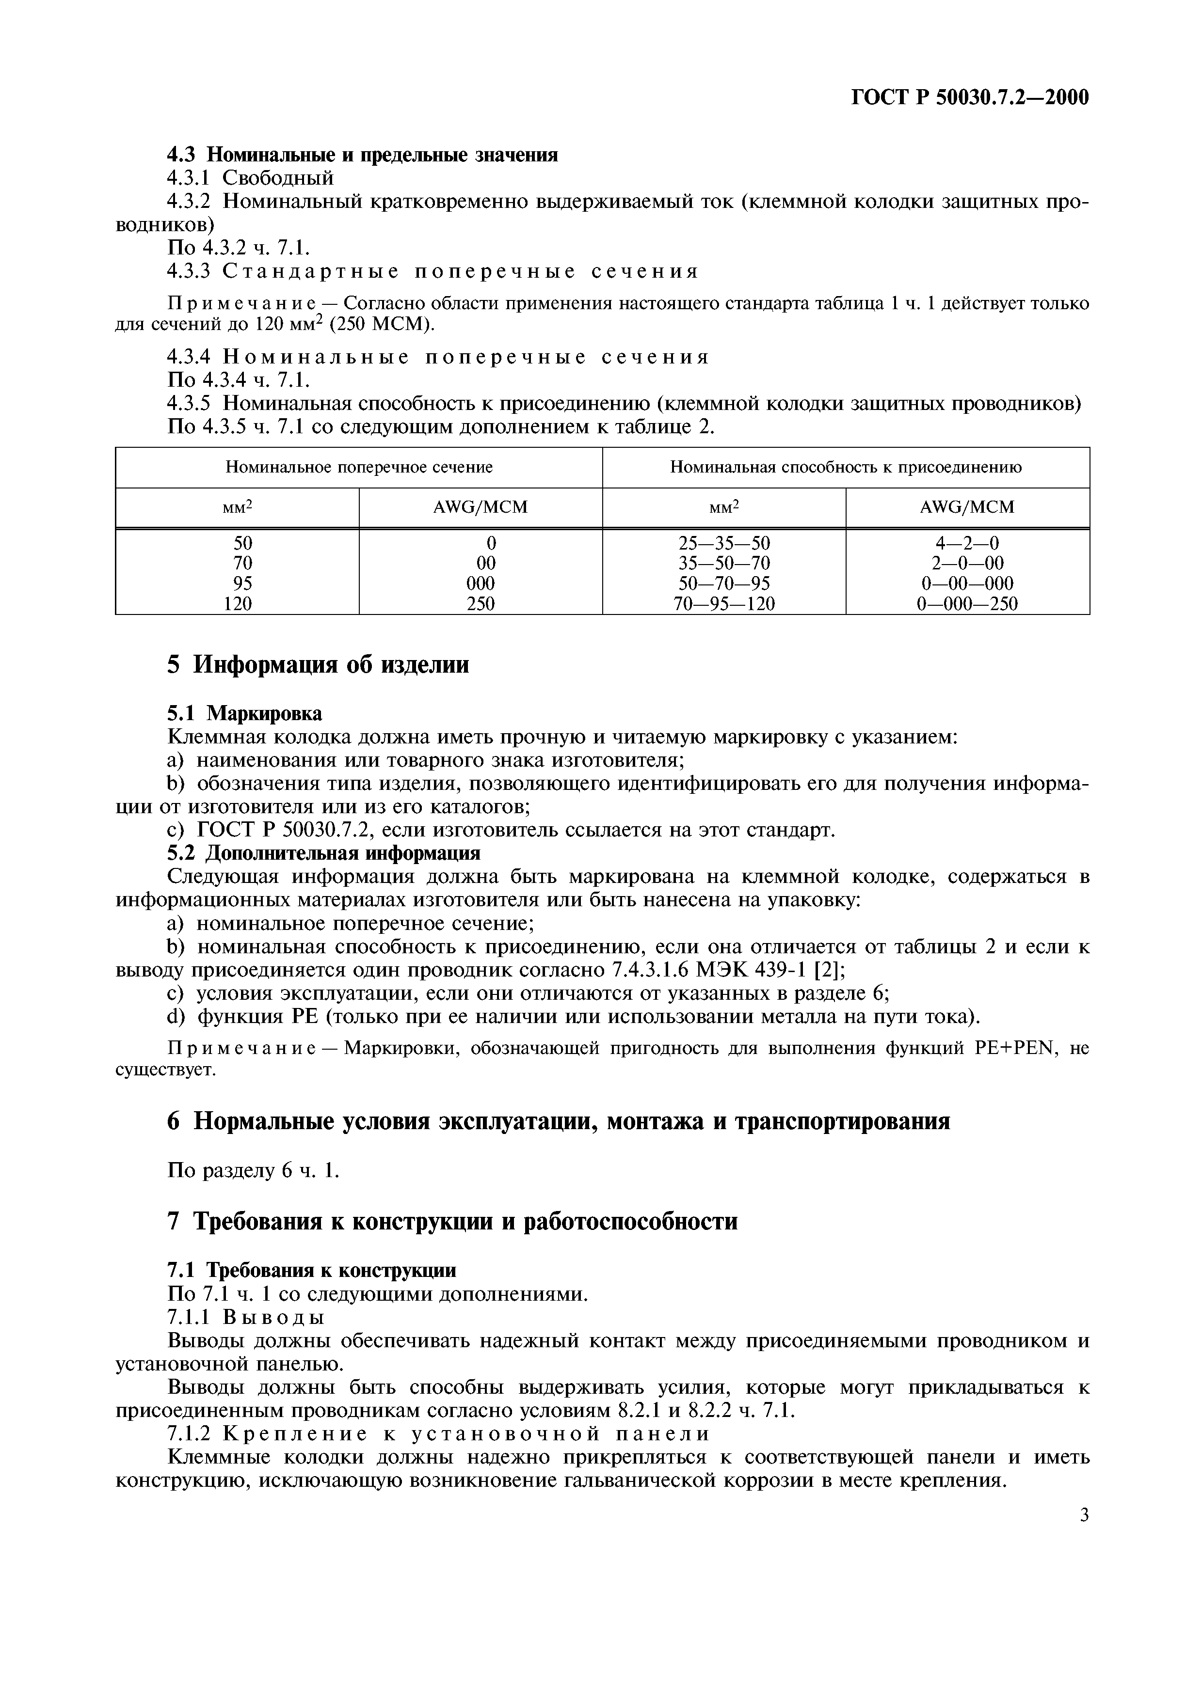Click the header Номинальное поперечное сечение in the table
[x=359, y=467]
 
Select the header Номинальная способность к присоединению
[x=846, y=467]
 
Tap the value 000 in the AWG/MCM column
[x=481, y=583]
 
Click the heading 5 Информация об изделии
[x=319, y=664]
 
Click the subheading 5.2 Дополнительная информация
[x=323, y=853]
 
